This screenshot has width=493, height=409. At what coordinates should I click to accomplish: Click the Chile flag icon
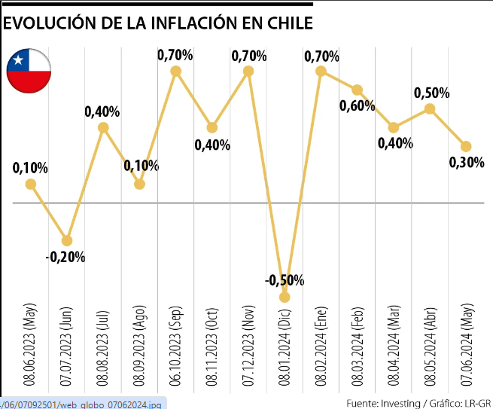[x=29, y=72]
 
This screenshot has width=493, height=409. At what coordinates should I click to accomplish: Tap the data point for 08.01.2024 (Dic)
[x=285, y=297]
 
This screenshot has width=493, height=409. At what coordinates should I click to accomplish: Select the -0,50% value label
[x=285, y=280]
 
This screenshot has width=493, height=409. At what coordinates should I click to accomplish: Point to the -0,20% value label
[x=65, y=257]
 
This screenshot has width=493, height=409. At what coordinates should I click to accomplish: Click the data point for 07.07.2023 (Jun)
[x=67, y=240]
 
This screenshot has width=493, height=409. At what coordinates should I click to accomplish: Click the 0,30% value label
[x=466, y=162]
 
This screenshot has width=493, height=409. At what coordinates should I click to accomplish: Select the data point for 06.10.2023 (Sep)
[x=176, y=71]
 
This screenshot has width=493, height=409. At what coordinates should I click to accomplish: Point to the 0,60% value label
[x=357, y=106]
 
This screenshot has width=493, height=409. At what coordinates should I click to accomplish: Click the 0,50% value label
[x=432, y=93]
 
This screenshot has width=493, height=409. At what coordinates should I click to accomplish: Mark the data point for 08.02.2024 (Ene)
[x=321, y=71]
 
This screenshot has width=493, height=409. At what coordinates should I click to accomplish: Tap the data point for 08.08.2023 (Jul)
[x=103, y=127]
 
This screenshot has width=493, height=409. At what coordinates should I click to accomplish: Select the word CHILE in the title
[x=287, y=23]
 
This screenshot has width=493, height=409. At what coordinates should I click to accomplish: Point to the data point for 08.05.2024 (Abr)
[x=430, y=108]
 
